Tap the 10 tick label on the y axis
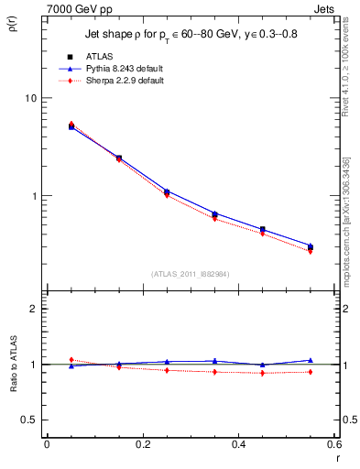coord(29,99)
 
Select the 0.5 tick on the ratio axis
coord(29,420)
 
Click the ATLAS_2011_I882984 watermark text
coord(190,273)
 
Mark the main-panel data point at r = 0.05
coord(71,126)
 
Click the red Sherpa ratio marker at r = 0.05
coord(71,360)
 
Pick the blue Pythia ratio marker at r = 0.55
coord(311,360)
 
